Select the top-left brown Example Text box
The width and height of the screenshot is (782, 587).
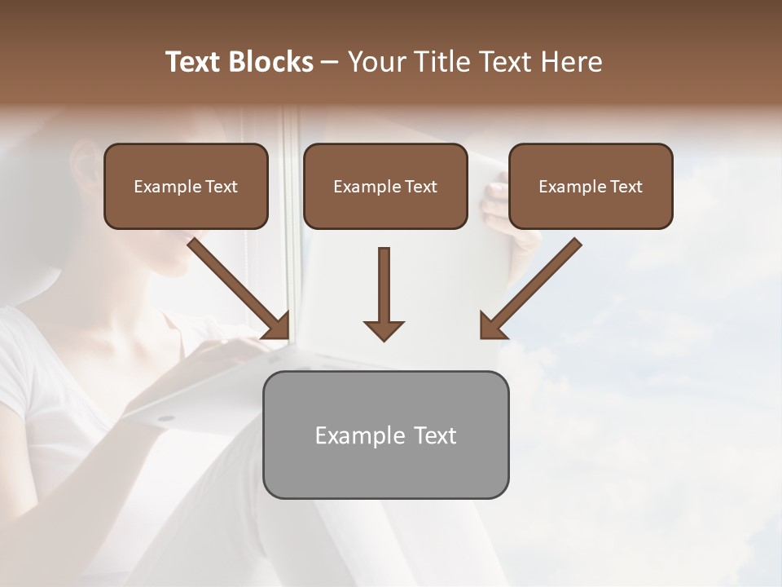(x=186, y=187)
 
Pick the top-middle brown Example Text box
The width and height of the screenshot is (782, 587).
(x=385, y=187)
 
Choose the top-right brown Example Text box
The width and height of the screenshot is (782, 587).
(x=591, y=187)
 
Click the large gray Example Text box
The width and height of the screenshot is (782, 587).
(x=385, y=435)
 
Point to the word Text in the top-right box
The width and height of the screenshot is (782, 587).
(x=625, y=187)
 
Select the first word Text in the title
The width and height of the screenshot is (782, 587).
(x=195, y=62)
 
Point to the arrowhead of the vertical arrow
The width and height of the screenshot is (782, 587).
(x=384, y=330)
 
